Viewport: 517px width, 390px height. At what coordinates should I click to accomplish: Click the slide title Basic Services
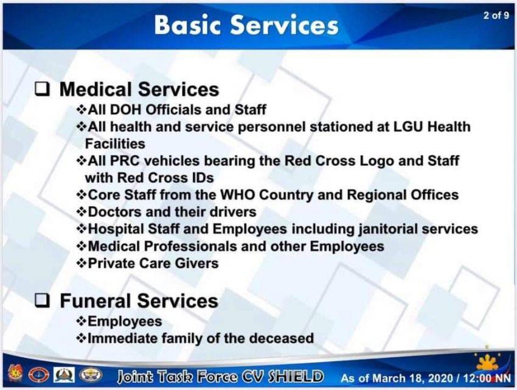tap(246, 25)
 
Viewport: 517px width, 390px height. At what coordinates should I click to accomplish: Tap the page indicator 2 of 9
tap(496, 15)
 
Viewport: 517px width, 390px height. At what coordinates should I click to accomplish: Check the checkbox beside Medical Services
tap(43, 89)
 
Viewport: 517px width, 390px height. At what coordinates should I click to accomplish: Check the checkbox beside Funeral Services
tap(43, 301)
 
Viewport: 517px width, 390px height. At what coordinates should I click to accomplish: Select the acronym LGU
tap(408, 127)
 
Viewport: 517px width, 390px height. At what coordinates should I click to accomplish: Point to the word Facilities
tap(115, 144)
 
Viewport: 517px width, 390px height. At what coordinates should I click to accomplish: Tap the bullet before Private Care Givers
tap(81, 263)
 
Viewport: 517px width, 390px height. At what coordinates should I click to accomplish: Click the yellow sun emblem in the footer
tap(487, 363)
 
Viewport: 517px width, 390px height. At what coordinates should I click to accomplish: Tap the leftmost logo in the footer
tap(15, 375)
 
